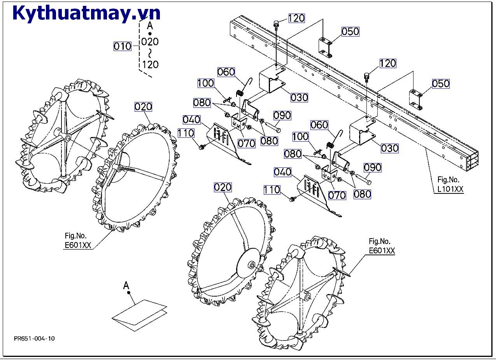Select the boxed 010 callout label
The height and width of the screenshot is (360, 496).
123,47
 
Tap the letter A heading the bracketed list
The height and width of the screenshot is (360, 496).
150,26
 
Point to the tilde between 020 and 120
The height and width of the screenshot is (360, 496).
150,53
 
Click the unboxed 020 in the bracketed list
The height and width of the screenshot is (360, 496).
150,42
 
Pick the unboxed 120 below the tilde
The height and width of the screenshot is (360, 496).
150,64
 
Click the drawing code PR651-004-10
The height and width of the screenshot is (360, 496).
34,338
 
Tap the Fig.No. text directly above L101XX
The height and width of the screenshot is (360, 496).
448,180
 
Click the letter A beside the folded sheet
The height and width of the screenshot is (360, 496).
126,286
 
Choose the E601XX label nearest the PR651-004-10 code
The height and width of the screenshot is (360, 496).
77,245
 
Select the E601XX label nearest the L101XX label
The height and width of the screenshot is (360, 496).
382,251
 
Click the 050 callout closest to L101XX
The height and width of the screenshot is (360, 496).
441,84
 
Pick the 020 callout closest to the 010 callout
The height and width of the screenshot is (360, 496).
143,107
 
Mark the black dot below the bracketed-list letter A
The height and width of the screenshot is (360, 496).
150,34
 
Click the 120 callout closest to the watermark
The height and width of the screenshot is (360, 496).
296,18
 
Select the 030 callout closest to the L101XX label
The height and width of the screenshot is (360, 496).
390,148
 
